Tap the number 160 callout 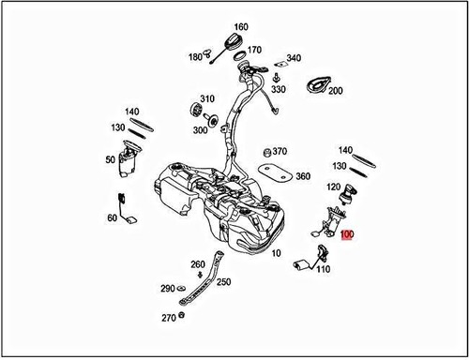click(x=241, y=26)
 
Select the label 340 click(x=294, y=58)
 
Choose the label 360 click(x=303, y=176)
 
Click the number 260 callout click(x=198, y=264)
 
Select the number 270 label click(x=168, y=318)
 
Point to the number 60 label click(x=113, y=218)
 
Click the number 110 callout click(x=324, y=270)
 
